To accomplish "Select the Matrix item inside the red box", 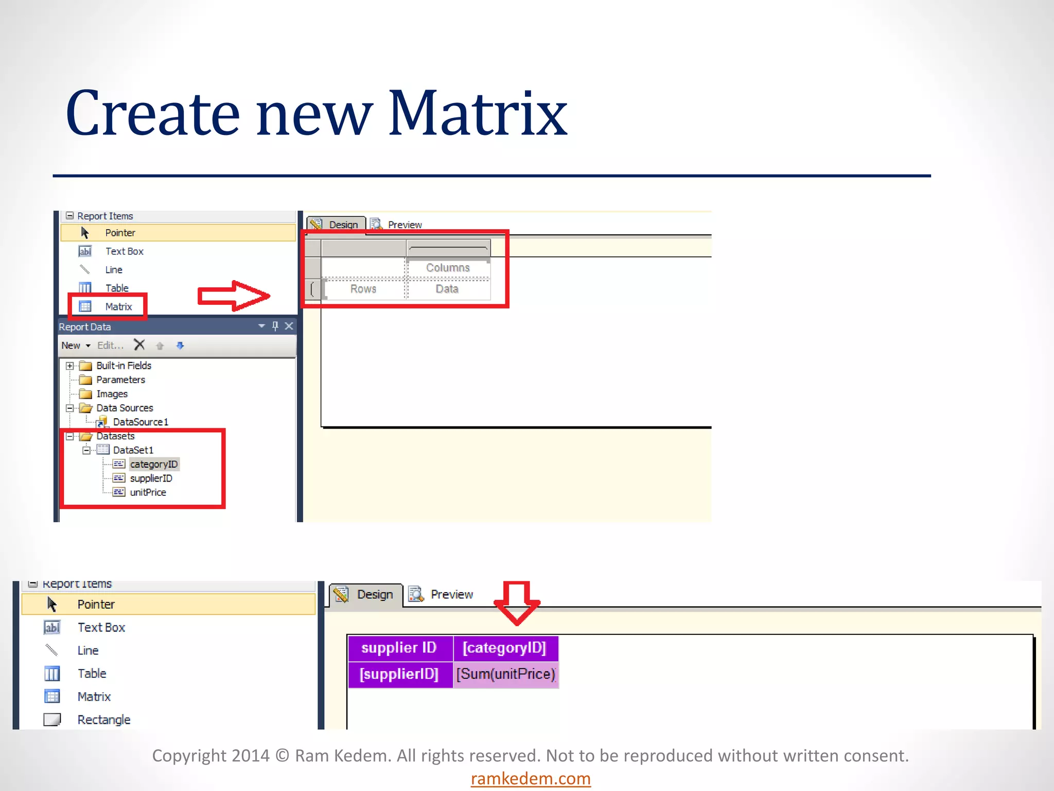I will pos(118,306).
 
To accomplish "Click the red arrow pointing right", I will pos(234,296).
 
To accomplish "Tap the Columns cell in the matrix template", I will pos(447,268).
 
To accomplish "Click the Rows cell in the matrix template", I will pos(363,289).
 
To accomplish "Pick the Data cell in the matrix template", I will pos(447,289).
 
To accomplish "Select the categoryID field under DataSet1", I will pos(153,464).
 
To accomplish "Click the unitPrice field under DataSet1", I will pos(148,492).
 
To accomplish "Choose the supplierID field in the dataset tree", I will pos(151,478).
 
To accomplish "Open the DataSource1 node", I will pos(140,422).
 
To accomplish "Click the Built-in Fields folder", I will pos(124,366).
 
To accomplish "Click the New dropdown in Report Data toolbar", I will pos(76,346).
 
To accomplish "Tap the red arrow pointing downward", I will pos(517,603).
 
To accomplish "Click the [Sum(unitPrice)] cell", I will pos(506,674).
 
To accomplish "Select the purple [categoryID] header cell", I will pos(504,648).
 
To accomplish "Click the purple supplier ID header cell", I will pos(399,648).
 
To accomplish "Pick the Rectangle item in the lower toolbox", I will pos(103,719).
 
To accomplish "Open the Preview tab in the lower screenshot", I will pos(451,594).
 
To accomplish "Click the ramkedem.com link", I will pos(530,778).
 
